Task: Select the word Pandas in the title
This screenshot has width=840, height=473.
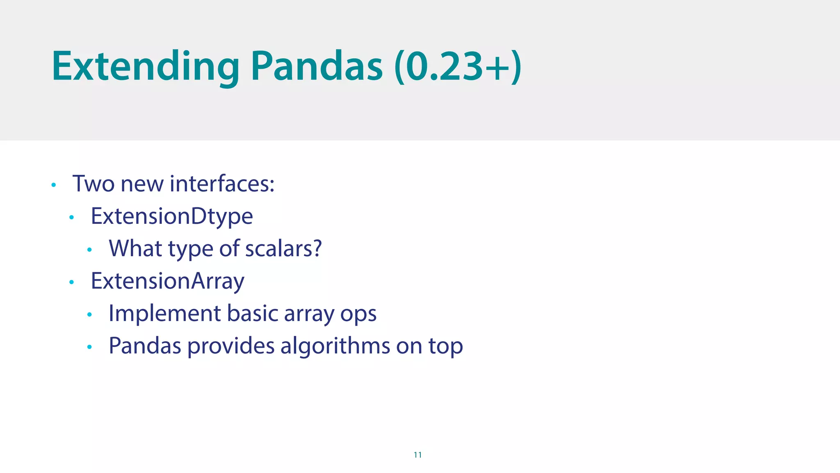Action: tap(316, 67)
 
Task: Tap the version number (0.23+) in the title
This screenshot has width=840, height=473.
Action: tap(458, 67)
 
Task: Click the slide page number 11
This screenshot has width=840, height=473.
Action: tap(418, 455)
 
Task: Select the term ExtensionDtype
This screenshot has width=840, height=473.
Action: tap(172, 216)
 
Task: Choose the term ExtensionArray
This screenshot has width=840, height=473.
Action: tap(167, 281)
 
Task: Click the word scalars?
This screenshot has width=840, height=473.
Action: tap(283, 248)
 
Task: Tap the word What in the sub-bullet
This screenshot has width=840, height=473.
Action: tap(135, 248)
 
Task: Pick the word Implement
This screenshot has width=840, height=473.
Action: tap(165, 314)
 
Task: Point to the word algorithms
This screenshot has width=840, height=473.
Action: tap(335, 346)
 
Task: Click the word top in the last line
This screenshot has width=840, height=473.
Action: tap(446, 347)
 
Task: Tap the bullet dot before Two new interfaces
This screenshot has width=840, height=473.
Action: tap(53, 185)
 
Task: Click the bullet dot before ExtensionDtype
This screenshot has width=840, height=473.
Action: tap(71, 218)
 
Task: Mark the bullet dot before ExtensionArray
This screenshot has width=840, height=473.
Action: tap(71, 282)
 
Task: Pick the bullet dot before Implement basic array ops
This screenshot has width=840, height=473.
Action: tap(89, 315)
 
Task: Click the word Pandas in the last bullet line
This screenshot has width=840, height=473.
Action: tap(145, 346)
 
